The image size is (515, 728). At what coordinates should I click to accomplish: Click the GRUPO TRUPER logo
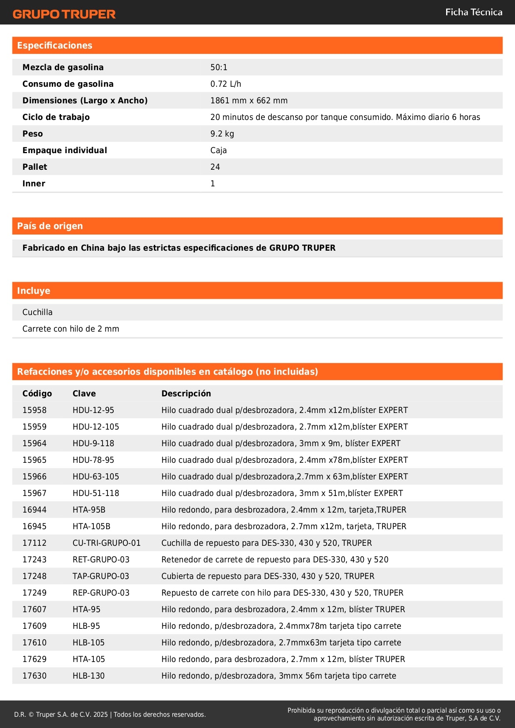[64, 14]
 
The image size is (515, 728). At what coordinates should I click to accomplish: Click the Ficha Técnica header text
[474, 12]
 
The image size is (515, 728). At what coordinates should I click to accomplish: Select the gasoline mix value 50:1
[219, 67]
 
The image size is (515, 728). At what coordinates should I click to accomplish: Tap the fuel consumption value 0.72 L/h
[225, 84]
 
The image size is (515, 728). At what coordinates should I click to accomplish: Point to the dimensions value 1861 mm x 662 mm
[249, 100]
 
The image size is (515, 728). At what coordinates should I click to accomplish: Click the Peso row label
[32, 134]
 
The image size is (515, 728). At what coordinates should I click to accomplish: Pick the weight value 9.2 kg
[222, 134]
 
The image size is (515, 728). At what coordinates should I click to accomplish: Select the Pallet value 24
[215, 167]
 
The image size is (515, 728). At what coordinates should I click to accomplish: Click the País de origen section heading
[50, 226]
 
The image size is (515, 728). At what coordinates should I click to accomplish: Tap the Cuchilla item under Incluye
[37, 312]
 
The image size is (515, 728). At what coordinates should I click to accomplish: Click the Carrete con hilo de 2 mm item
[71, 329]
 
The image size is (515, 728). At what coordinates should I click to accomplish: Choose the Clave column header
[84, 393]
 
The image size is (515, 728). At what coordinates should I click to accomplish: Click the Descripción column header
[186, 393]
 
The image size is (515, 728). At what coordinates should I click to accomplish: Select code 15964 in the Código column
[34, 443]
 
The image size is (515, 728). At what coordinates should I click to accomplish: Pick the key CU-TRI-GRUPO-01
[106, 543]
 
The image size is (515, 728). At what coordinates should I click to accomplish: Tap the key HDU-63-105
[95, 476]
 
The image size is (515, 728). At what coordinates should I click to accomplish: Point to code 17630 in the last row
[34, 676]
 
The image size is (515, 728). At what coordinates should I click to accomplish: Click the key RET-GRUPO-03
[101, 559]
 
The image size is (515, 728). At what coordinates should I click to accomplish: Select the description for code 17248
[268, 576]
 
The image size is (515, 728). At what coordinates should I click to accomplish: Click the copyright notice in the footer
[110, 714]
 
